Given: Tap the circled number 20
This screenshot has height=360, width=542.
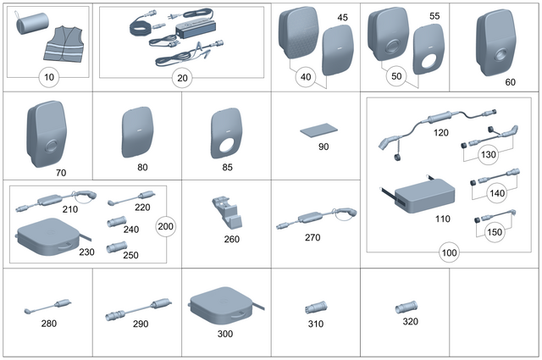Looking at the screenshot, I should pyautogui.click(x=180, y=78).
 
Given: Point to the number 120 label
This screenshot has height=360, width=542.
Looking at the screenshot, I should pyautogui.click(x=441, y=133).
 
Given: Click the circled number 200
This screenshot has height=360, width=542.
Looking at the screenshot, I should pyautogui.click(x=166, y=226).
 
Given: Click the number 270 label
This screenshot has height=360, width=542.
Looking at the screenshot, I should pyautogui.click(x=312, y=239).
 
